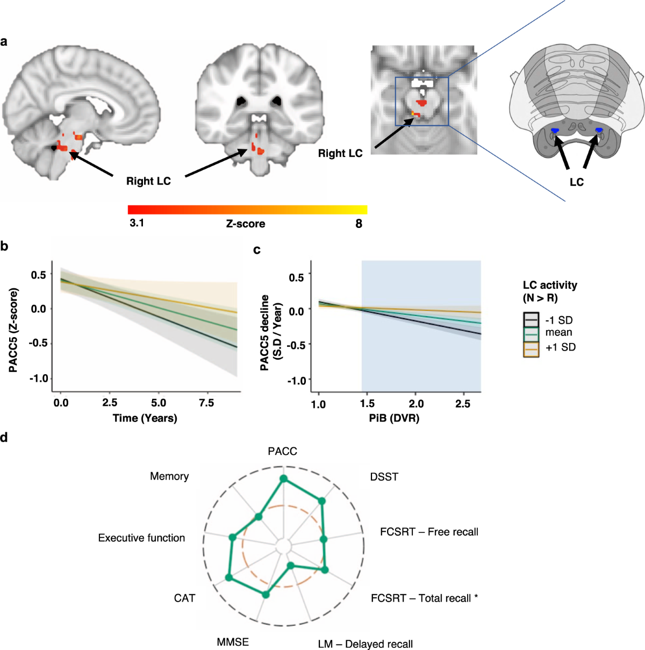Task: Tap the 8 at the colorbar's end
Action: [359, 223]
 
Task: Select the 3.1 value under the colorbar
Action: [137, 223]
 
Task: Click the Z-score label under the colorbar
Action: [245, 224]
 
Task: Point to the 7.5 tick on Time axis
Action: [206, 403]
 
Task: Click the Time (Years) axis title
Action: [145, 418]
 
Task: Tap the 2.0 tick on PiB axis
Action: [416, 404]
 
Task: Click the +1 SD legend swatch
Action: [531, 349]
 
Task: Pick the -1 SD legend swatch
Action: [531, 320]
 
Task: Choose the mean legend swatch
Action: [531, 334]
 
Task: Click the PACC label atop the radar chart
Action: [282, 451]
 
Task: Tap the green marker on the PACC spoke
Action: [284, 479]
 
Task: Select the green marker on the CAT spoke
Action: [229, 577]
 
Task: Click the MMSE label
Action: [233, 642]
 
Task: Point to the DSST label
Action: [384, 477]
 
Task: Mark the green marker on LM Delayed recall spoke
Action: [291, 565]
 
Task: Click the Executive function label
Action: [141, 538]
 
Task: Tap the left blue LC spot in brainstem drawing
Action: [555, 131]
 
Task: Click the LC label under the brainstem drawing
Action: [576, 182]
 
